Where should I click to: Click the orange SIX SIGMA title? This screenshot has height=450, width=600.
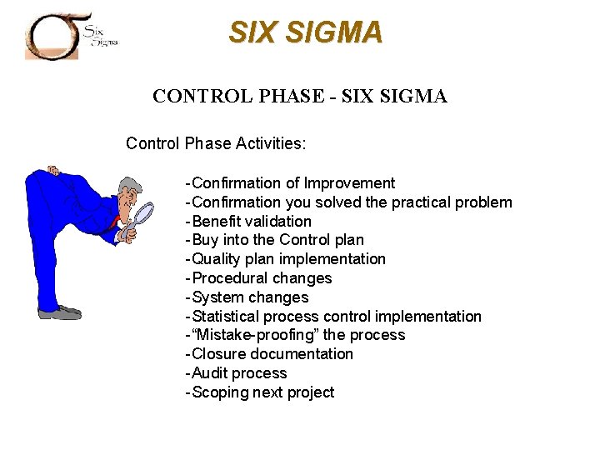[306, 32]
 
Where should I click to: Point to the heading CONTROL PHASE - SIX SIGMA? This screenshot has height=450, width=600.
[300, 97]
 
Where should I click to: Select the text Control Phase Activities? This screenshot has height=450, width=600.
[216, 143]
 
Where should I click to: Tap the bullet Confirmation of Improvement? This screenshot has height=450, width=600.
[292, 183]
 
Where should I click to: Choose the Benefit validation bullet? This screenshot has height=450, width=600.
[250, 222]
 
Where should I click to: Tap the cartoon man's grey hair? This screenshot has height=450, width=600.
[127, 185]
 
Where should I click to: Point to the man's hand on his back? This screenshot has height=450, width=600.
[52, 172]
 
